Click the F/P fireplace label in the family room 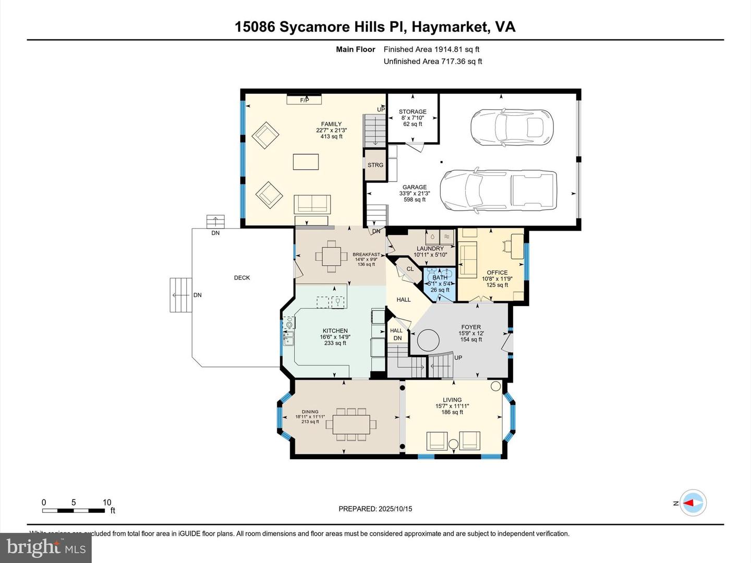(304, 100)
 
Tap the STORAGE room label (413, 112)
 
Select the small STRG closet (375, 165)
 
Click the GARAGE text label (415, 187)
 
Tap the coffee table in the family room (306, 162)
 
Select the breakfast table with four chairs (331, 256)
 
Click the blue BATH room (440, 284)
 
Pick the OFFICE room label (497, 273)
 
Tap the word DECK (242, 278)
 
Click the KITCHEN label (335, 331)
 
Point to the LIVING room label (452, 400)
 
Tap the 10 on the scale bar (107, 503)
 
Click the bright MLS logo (46, 547)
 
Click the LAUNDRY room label (430, 249)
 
